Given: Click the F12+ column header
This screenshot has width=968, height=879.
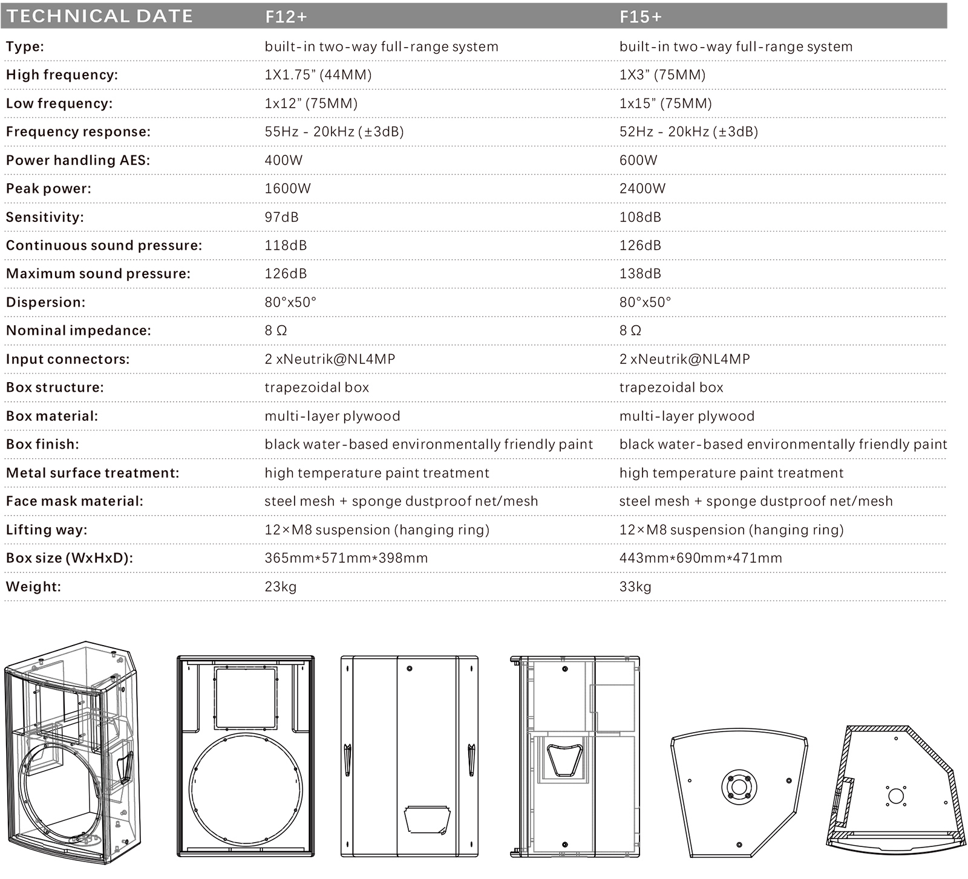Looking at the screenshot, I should click(286, 17).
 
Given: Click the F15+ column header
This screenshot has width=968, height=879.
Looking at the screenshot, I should click(641, 17).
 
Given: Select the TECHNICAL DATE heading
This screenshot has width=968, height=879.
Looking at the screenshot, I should click(100, 16).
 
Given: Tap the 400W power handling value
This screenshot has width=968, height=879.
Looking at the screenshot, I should click(283, 160).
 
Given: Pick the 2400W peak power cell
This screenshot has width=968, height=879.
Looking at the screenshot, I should click(642, 189).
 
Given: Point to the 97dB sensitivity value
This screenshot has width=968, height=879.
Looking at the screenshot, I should click(281, 217).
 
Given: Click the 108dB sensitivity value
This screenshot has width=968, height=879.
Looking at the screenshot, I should click(640, 217).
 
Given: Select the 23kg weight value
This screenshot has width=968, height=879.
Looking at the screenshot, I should click(280, 586).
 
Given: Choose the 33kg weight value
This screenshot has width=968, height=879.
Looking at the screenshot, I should click(635, 586).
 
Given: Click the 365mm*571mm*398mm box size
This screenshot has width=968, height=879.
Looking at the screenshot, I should click(346, 558).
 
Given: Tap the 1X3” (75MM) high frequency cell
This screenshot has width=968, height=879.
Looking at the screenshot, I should click(662, 75).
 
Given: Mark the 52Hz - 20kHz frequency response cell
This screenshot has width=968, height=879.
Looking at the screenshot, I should click(688, 132).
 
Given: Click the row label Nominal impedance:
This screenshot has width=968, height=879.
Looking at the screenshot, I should click(79, 331).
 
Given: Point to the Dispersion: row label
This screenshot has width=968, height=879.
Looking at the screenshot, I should click(46, 302).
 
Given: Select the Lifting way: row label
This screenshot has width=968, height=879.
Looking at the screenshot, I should click(47, 530).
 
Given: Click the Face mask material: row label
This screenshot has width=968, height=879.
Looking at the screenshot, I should click(75, 501).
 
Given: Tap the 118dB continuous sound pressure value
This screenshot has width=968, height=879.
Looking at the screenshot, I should click(286, 245).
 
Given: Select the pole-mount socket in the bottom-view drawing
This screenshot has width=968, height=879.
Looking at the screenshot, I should click(739, 787).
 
